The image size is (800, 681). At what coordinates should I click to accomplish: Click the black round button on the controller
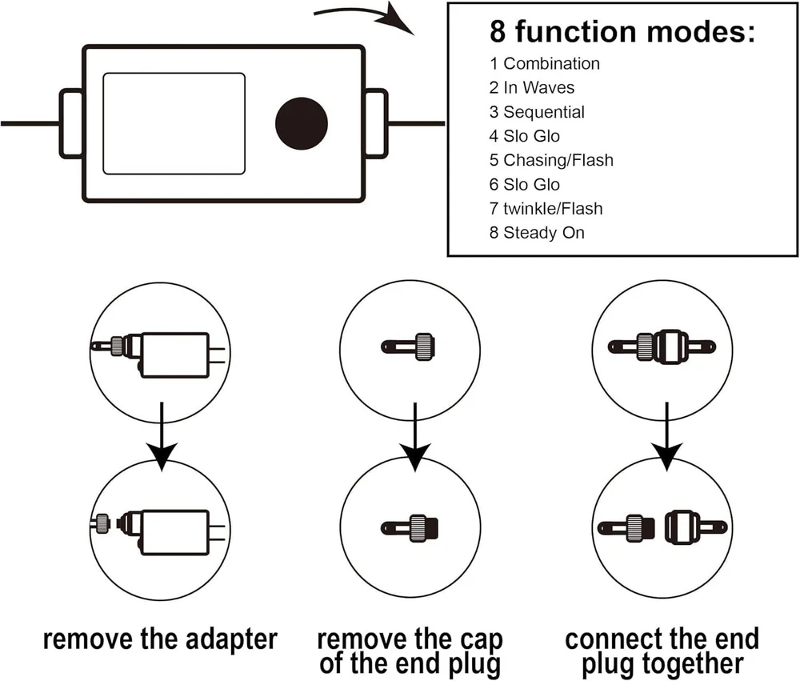[x=302, y=123]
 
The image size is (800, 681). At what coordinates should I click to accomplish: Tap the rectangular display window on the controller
[x=174, y=123]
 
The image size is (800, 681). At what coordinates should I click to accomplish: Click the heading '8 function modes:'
[x=622, y=31]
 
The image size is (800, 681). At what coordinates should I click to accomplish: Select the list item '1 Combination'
[x=544, y=64]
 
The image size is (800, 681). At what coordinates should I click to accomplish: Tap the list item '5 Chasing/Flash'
[x=551, y=160]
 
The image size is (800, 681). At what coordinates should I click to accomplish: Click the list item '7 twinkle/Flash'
[x=546, y=208]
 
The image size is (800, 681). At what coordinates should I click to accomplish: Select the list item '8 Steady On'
[x=537, y=233]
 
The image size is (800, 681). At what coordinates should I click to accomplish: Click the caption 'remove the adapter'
[x=160, y=639]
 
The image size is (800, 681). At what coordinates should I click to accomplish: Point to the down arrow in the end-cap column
[x=414, y=439]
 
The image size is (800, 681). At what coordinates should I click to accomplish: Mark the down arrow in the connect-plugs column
[x=666, y=439]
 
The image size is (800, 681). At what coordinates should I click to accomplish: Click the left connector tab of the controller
[x=71, y=123]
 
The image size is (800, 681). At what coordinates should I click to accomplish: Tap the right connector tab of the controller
[x=376, y=123]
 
